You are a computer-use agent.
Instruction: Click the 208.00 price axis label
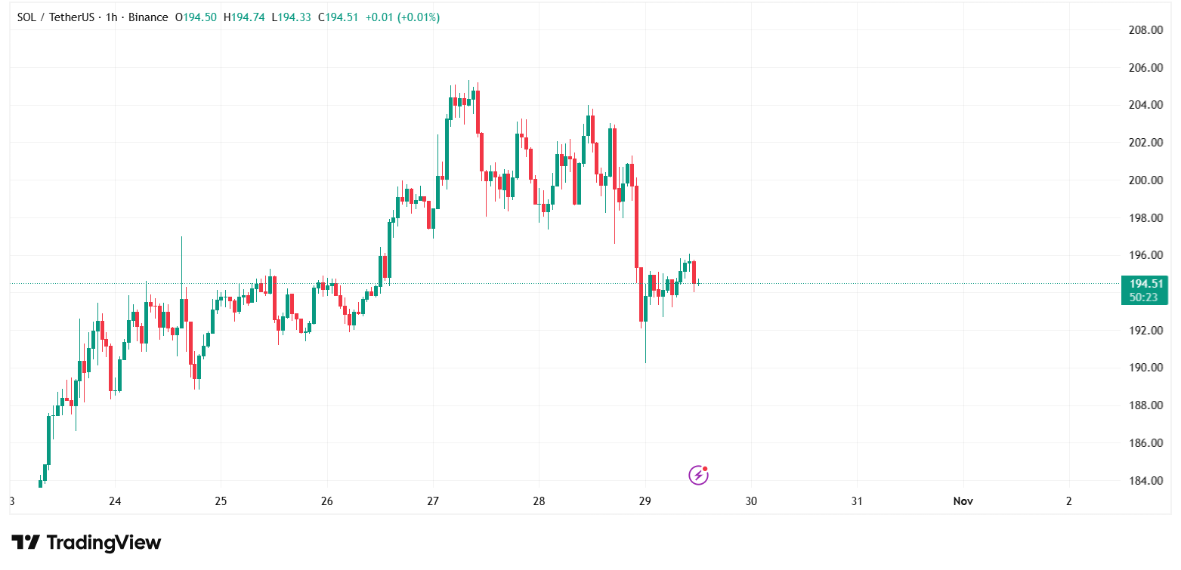click(1145, 30)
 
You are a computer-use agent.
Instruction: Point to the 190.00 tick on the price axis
click(1145, 368)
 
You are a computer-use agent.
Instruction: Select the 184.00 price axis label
click(1145, 480)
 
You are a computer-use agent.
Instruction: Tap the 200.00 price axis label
click(1145, 180)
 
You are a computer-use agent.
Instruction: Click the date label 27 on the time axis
click(433, 501)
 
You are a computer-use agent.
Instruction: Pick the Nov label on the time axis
click(963, 501)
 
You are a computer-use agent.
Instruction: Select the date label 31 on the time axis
click(857, 501)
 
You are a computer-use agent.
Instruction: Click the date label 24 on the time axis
click(115, 501)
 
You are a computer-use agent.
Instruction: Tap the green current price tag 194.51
click(1145, 284)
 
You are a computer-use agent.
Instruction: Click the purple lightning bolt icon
click(698, 475)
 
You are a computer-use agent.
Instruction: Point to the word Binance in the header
click(148, 17)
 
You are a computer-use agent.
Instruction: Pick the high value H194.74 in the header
click(244, 17)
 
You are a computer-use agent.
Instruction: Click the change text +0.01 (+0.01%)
click(402, 17)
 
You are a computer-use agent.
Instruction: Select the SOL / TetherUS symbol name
click(55, 17)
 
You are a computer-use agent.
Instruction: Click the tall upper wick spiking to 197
click(181, 257)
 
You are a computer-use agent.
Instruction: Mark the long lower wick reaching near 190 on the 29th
click(645, 347)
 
